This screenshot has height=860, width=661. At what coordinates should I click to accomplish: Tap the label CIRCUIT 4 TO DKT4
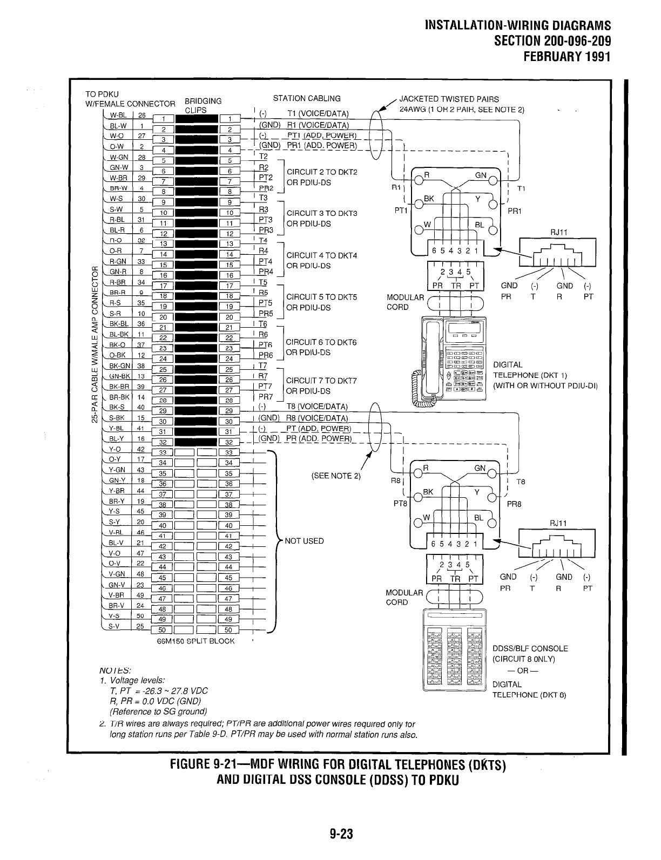(321, 255)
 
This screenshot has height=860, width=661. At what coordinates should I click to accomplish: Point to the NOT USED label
(304, 541)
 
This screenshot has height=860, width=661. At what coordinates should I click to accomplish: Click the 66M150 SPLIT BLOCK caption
(195, 641)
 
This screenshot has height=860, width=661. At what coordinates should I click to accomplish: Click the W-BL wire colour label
(118, 115)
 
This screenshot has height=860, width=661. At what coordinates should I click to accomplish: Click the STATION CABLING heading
(307, 98)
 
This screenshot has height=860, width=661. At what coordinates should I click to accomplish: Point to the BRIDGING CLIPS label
(203, 105)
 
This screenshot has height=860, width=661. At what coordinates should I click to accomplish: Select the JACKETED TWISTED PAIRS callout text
(448, 99)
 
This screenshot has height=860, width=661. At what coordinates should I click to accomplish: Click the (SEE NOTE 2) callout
(335, 476)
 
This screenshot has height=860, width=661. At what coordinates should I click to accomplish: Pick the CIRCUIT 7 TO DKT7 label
(321, 381)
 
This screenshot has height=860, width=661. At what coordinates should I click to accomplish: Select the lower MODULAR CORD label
(404, 597)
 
